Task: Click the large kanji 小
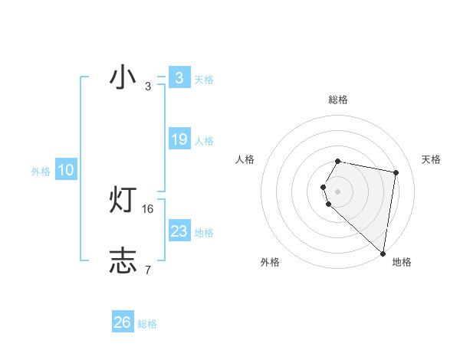tap(123, 78)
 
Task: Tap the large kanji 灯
tap(123, 200)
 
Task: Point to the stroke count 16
tap(148, 209)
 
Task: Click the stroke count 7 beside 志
tap(147, 270)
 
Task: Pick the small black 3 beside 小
tap(147, 87)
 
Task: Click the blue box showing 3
tap(179, 78)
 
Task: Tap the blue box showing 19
tap(179, 139)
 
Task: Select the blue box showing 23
tap(179, 231)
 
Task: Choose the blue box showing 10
tap(66, 171)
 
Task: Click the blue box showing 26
tap(123, 322)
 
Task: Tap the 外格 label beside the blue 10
tap(41, 172)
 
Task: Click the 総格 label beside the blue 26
tap(147, 324)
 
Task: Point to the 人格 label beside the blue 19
tap(204, 141)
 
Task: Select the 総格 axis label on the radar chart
tap(338, 100)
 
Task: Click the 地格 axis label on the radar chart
tap(402, 262)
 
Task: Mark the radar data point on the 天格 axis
tap(396, 172)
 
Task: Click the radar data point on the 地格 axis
tap(383, 254)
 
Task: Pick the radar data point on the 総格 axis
tap(338, 161)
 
